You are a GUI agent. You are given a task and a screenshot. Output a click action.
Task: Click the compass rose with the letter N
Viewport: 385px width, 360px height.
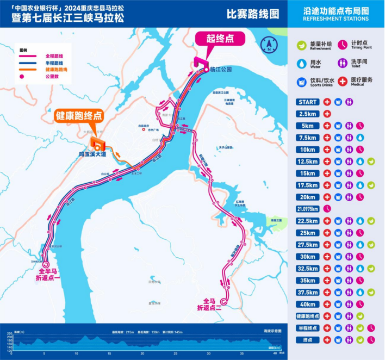click(x=268, y=45)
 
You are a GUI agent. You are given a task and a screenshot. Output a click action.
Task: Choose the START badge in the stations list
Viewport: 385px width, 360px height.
click(x=308, y=102)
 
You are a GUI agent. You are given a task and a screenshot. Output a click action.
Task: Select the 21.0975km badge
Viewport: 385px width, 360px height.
click(x=308, y=209)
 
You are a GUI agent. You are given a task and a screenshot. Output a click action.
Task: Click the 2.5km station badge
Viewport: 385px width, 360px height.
click(x=308, y=114)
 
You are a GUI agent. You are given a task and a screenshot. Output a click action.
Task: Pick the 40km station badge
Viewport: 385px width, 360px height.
click(x=308, y=304)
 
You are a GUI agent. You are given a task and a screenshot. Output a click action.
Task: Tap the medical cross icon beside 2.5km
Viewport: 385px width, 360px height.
click(x=327, y=114)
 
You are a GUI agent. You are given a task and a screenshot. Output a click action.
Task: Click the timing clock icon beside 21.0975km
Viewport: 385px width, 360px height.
click(x=327, y=209)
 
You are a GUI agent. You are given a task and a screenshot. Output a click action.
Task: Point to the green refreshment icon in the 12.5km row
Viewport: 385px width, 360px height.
click(x=371, y=162)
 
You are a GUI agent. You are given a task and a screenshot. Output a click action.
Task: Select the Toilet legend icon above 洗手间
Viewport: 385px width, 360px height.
click(x=343, y=63)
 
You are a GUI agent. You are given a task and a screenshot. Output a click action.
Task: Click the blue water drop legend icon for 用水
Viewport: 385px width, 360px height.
click(x=301, y=63)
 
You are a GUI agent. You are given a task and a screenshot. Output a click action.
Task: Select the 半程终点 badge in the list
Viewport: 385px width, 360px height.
click(x=308, y=328)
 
